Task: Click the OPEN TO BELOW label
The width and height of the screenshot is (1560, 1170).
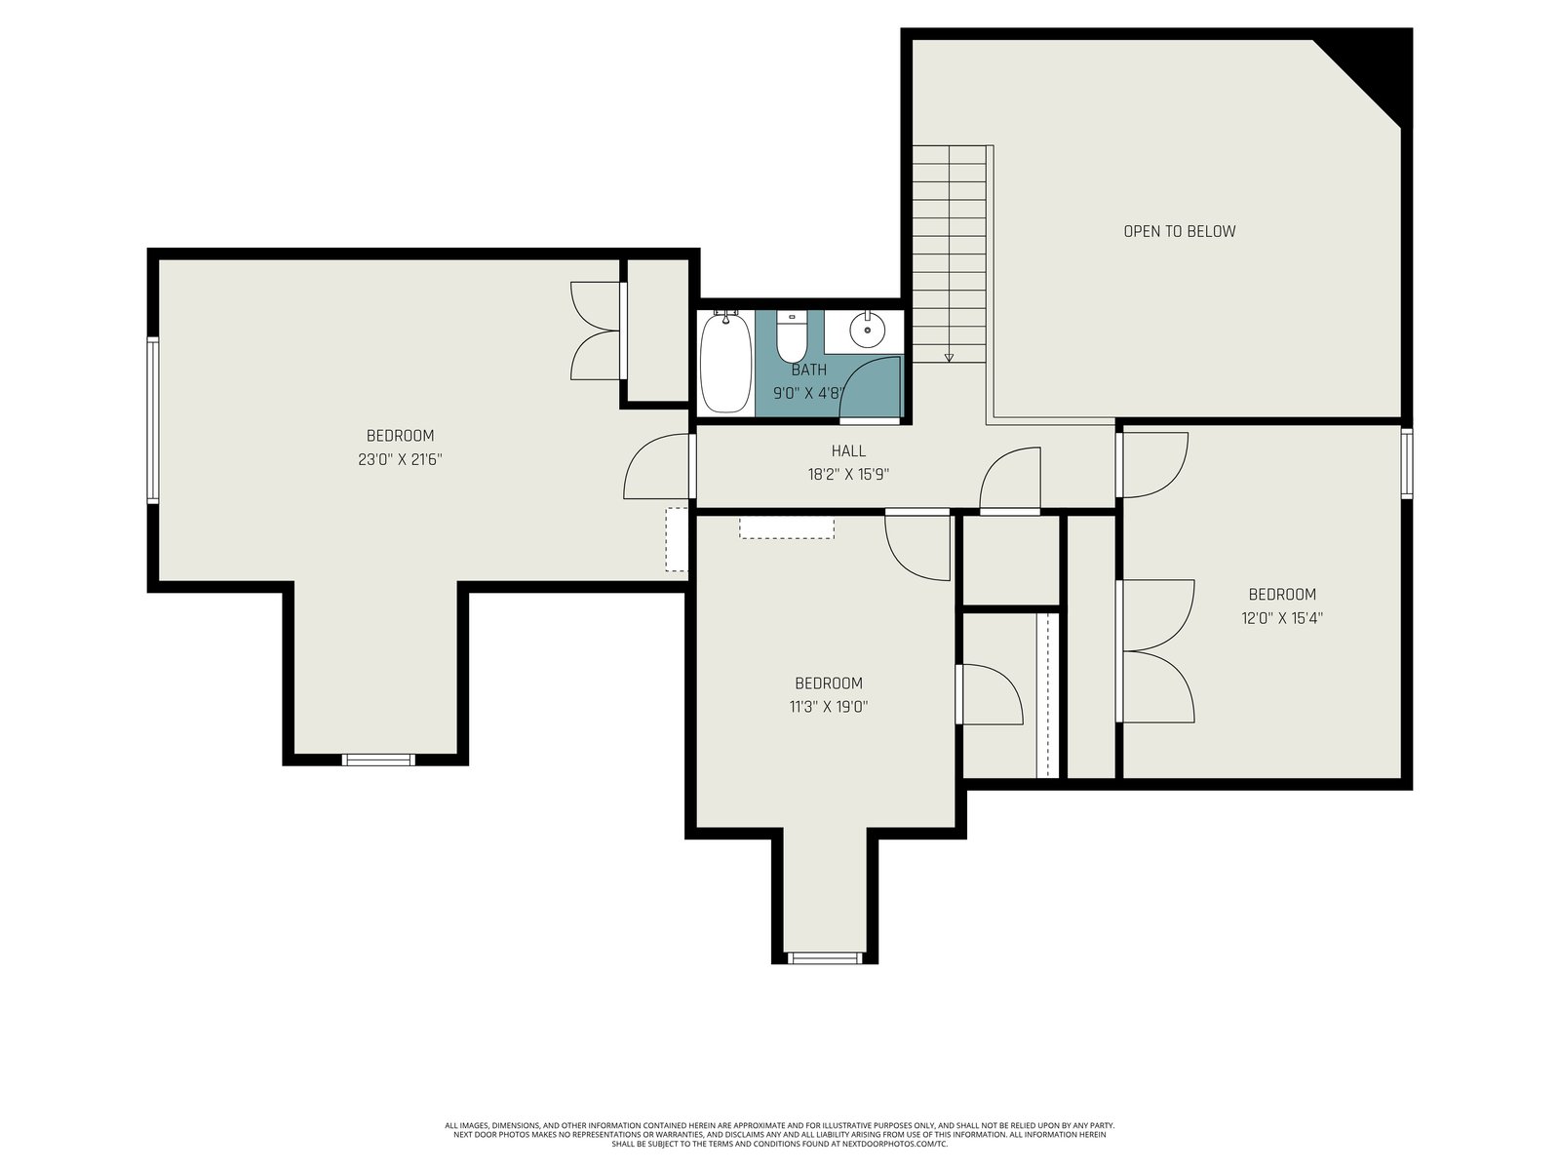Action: click(1179, 231)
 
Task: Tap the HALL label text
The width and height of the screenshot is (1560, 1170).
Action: click(848, 450)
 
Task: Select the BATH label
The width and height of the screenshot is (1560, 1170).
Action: click(809, 370)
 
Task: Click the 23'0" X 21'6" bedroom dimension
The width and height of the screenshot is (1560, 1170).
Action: click(400, 459)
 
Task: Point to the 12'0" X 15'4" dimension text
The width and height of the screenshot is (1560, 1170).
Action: click(1282, 618)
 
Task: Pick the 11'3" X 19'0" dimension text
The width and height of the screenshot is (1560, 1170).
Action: click(829, 707)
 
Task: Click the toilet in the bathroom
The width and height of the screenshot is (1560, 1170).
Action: click(791, 336)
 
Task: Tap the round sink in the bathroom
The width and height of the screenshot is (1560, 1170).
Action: click(867, 331)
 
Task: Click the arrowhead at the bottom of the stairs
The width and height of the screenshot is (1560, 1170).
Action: click(949, 358)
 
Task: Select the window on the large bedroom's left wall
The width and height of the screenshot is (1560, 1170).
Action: click(153, 420)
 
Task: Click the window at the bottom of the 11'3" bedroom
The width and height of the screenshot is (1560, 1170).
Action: click(825, 958)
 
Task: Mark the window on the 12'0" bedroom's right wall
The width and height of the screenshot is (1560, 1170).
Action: click(1407, 463)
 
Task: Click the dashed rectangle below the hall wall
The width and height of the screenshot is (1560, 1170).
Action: click(787, 528)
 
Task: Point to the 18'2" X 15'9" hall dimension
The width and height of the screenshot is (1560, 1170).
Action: click(848, 475)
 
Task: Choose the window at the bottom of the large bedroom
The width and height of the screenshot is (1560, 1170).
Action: click(378, 760)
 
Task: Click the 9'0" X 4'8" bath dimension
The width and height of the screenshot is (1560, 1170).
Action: click(809, 394)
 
